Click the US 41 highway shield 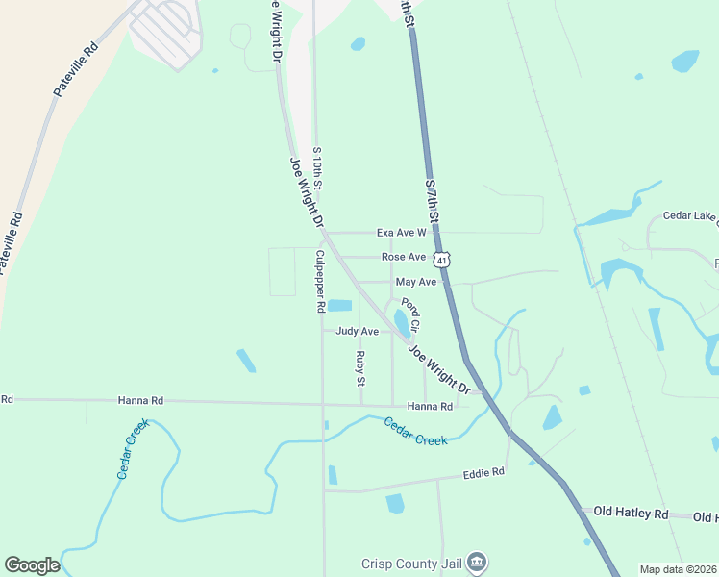441,260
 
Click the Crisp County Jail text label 413,564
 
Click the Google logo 32,565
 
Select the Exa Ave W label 401,233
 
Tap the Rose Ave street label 404,257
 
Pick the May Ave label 416,282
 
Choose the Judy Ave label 357,331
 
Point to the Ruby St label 360,367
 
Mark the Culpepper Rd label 320,282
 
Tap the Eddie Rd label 483,473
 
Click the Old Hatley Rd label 631,514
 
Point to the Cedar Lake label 690,217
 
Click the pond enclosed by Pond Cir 400,322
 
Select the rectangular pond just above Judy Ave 339,306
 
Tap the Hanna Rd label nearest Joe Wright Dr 430,407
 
